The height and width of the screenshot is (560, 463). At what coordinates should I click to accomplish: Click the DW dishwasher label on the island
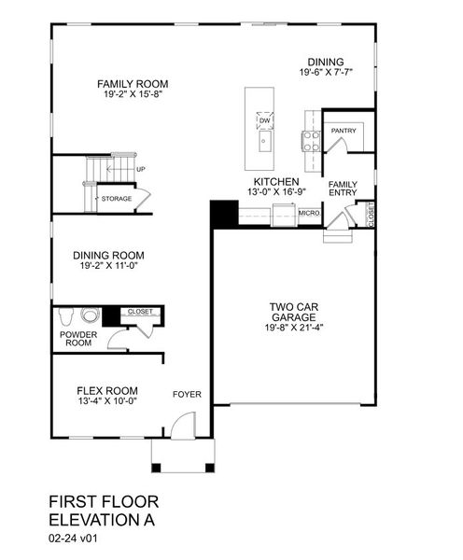pyautogui.click(x=265, y=120)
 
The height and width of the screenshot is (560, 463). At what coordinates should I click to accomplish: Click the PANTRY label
pyautogui.click(x=343, y=131)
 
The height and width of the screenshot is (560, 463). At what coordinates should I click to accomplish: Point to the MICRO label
pyautogui.click(x=309, y=214)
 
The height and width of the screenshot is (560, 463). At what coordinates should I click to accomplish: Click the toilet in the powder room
pyautogui.click(x=68, y=314)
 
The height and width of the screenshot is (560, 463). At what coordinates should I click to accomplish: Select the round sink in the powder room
pyautogui.click(x=90, y=315)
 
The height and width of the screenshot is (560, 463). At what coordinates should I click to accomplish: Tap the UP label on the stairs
pyautogui.click(x=141, y=169)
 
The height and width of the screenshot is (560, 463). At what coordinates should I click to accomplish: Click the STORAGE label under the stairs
pyautogui.click(x=117, y=199)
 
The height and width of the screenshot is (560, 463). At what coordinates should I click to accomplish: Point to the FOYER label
pyautogui.click(x=187, y=394)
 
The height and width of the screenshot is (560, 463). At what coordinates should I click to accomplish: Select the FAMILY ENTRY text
pyautogui.click(x=343, y=188)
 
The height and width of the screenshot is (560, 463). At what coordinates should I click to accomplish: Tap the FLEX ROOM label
pyautogui.click(x=106, y=390)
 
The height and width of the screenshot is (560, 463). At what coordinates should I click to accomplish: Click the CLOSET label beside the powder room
pyautogui.click(x=140, y=312)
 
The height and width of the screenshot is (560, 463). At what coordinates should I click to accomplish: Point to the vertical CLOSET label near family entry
pyautogui.click(x=371, y=215)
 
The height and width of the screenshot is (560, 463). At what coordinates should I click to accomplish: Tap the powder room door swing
pyautogui.click(x=116, y=339)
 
